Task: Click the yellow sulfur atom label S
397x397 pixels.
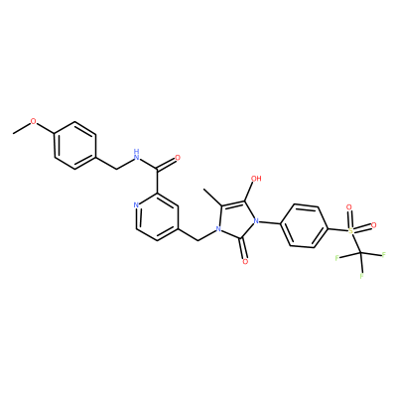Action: pos(351,230)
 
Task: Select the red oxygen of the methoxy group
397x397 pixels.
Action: pos(34,121)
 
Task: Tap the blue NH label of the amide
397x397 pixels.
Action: pos(135,154)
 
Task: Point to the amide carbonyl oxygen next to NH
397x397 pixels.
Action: pos(178,158)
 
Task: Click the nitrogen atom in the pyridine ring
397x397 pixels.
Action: pos(136,205)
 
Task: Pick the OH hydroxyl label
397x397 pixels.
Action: pos(256,179)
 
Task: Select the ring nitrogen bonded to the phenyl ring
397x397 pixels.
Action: pos(255,221)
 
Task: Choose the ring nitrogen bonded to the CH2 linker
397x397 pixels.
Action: pos(217,228)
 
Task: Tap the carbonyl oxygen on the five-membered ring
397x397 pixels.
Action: pos(245,262)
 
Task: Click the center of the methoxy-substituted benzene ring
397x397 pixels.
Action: pos(75,146)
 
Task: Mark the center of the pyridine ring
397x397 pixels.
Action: pos(158,216)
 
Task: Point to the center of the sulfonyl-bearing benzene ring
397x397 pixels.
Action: pos(304,226)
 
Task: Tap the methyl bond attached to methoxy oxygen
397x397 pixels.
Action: pos(22,128)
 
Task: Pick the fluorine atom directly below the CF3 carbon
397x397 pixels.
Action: pos(362,275)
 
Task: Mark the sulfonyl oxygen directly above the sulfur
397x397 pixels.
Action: pos(348,207)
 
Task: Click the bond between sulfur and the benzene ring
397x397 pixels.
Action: pos(337,229)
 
